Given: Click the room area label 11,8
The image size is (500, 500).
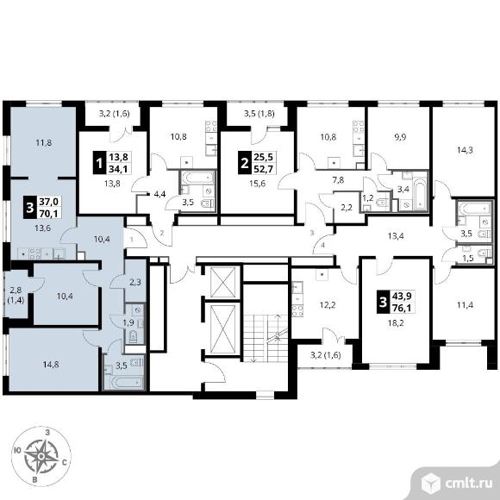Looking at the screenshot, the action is (44, 143).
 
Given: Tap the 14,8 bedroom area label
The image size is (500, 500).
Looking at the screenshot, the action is (51, 364).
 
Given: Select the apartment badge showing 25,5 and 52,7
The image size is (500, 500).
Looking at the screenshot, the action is (257, 163).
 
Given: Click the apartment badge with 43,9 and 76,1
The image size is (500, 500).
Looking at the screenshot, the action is (396, 302).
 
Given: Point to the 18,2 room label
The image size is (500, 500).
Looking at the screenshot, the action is (396, 323).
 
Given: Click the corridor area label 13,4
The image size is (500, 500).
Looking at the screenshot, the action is (396, 236).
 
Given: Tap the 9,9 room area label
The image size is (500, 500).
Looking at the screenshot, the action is (400, 137).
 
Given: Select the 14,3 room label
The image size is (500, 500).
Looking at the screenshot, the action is (465, 150).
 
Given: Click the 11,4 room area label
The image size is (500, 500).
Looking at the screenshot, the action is (465, 305).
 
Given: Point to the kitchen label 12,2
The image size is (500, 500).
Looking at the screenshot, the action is (328, 305).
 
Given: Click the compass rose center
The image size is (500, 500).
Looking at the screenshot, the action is (41, 457).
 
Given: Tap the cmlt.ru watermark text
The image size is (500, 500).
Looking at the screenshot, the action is (469, 484).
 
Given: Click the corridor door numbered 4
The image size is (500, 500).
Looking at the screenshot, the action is (323, 244).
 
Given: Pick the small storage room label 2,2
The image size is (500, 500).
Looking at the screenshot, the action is (347, 208).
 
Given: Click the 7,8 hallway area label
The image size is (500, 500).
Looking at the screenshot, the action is (338, 180).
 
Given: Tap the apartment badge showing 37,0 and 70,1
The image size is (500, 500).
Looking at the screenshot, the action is (42, 207).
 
